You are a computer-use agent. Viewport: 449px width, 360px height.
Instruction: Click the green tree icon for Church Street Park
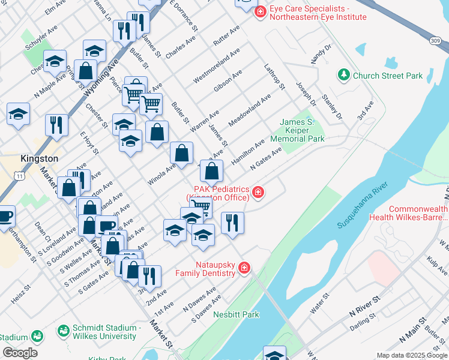point(344,76)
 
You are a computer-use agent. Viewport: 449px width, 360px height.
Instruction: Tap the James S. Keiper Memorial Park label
point(302,130)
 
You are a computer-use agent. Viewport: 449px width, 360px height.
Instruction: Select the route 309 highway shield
point(436,40)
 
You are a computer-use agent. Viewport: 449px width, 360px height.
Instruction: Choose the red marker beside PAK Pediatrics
point(258,192)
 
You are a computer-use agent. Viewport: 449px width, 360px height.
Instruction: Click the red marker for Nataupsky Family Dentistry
point(244,268)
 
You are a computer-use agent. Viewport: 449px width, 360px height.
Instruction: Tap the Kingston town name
point(40,158)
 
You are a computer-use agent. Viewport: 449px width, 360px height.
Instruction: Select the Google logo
point(20,352)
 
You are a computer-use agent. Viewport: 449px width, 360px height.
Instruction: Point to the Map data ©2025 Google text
point(411,355)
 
